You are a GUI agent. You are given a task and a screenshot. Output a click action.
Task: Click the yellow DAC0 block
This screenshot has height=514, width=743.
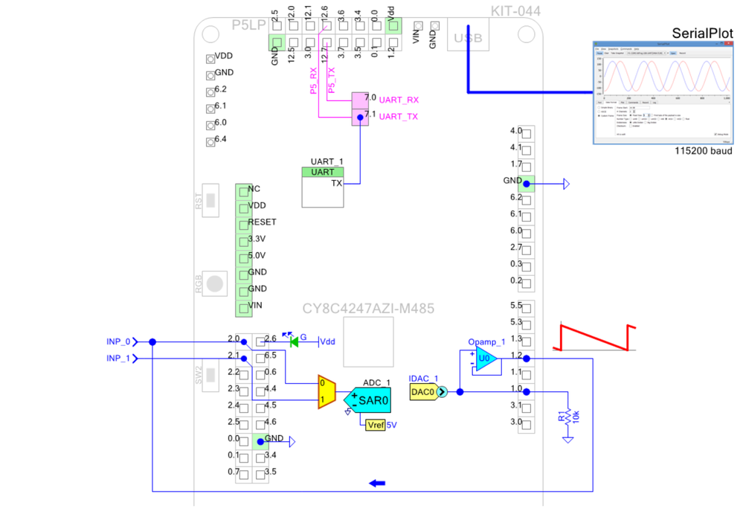click(422, 392)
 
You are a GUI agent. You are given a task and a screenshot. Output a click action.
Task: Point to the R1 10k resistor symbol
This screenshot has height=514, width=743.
click(568, 417)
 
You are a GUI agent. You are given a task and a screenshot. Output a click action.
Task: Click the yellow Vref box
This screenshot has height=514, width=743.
click(374, 424)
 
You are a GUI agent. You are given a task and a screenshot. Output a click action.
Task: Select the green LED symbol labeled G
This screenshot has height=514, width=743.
click(294, 341)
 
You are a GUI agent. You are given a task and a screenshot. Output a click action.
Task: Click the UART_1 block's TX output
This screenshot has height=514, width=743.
click(336, 183)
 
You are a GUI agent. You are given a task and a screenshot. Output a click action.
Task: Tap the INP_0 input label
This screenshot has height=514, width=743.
click(118, 341)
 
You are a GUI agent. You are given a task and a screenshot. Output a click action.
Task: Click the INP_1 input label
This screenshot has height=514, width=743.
click(118, 359)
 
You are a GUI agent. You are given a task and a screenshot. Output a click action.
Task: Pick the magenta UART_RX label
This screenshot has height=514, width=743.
click(399, 100)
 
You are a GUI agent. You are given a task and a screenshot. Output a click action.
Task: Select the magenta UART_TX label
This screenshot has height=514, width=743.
click(399, 117)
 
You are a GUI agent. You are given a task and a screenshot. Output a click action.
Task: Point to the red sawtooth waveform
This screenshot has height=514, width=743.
click(594, 336)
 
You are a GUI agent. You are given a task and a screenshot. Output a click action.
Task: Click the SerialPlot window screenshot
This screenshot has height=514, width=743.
click(663, 92)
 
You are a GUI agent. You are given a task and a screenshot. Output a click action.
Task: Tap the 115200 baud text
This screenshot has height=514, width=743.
click(703, 151)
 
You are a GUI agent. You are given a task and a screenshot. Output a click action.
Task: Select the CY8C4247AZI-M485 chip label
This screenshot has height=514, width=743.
click(367, 309)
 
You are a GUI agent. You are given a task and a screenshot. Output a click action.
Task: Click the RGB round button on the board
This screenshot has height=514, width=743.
click(215, 283)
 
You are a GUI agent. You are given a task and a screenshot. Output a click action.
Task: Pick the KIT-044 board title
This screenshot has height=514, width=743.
click(515, 10)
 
